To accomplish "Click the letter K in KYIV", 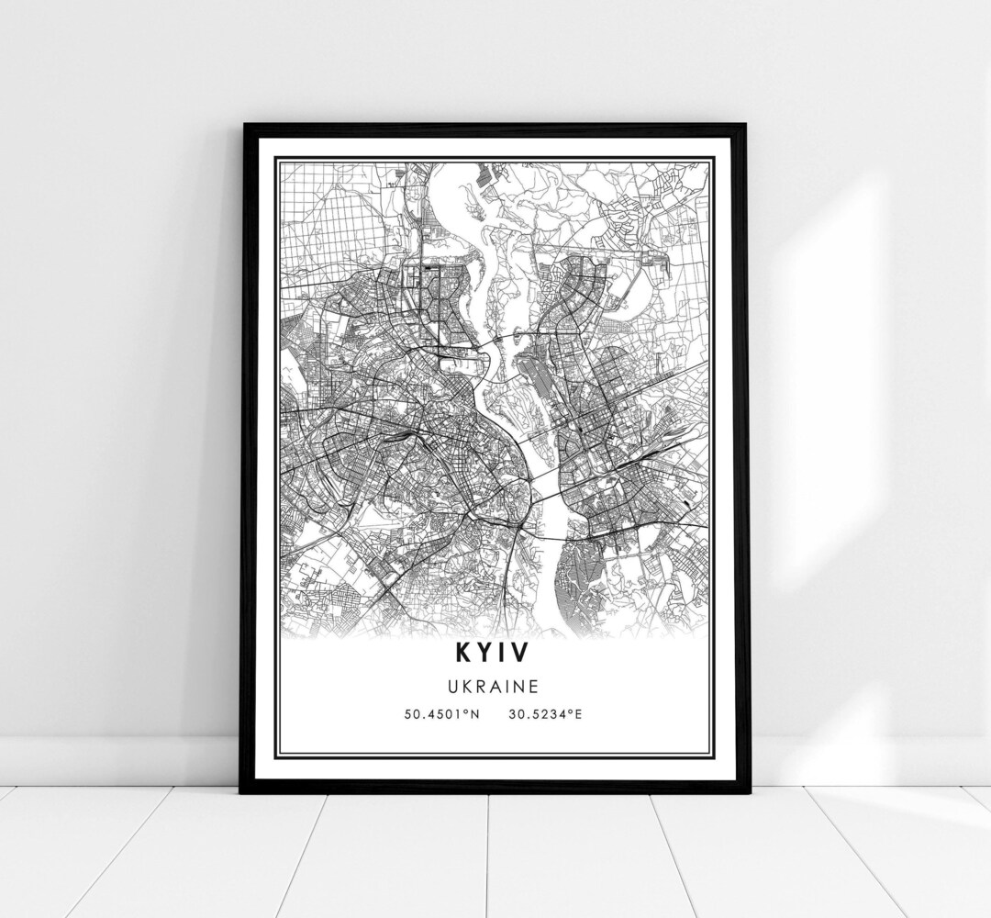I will [x=460, y=653].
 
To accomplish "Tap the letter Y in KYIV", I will [x=484, y=653].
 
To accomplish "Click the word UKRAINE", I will [x=494, y=685].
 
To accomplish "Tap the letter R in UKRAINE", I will [x=481, y=685].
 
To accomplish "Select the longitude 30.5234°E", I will [x=542, y=712].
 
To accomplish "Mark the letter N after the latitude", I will [x=478, y=712].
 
